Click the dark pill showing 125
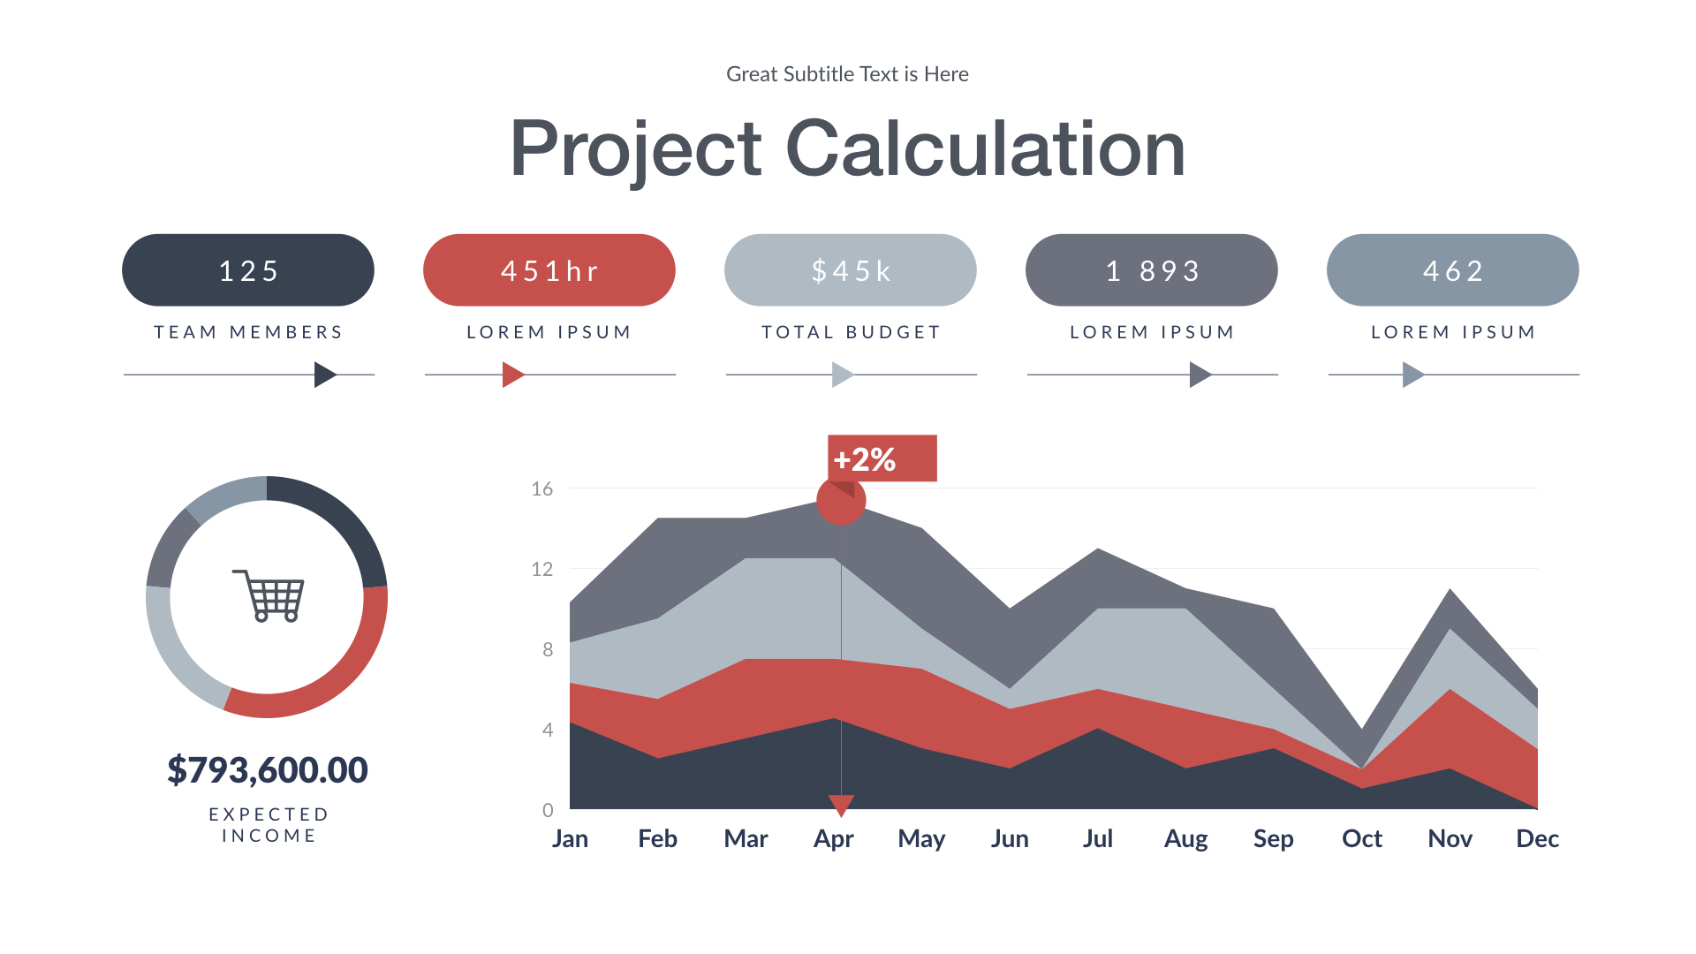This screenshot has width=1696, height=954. click(x=247, y=270)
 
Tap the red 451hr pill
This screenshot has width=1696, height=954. click(x=549, y=270)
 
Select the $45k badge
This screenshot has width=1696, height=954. click(x=850, y=270)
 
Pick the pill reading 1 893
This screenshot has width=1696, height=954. click(x=1151, y=270)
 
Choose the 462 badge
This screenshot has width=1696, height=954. click(x=1452, y=270)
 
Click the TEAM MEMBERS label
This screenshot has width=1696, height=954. click(x=248, y=332)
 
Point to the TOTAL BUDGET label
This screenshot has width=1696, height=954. click(x=851, y=332)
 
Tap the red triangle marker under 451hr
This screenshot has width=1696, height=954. click(x=511, y=375)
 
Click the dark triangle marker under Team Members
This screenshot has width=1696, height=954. click(x=324, y=375)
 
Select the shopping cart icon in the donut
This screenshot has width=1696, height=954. click(x=269, y=595)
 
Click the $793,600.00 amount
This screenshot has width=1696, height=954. click(x=267, y=769)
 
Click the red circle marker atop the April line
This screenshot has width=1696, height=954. click(x=840, y=501)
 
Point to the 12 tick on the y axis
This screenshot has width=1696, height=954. click(x=541, y=569)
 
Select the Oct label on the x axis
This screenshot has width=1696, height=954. click(x=1361, y=838)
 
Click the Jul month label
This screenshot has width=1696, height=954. click(x=1097, y=838)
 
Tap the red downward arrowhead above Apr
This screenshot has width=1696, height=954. click(x=841, y=804)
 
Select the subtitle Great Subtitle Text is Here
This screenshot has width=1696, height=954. click(x=847, y=74)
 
